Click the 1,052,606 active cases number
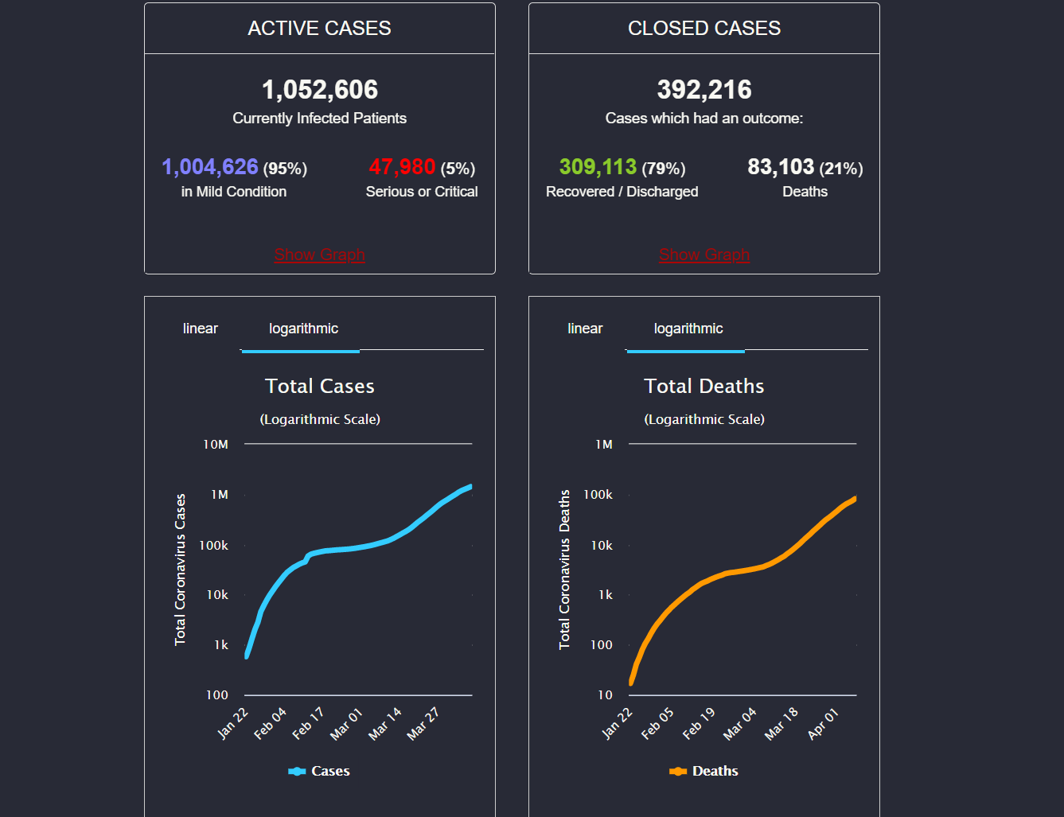pos(320,90)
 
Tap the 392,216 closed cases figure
pos(704,90)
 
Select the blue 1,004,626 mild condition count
pos(210,167)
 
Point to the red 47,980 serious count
pos(402,167)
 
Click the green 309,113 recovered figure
pos(598,167)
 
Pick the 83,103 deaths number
pos(781,167)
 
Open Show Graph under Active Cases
pos(319,255)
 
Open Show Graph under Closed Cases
pos(704,255)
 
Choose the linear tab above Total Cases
pos(201,329)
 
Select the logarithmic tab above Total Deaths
pos(688,329)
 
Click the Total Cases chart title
pos(320,387)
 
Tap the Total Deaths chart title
pos(704,387)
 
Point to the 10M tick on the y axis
pos(216,445)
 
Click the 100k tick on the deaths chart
pos(598,495)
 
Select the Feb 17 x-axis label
pos(308,723)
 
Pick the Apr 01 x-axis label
pos(823,724)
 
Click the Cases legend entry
pos(320,771)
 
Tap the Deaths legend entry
pos(705,771)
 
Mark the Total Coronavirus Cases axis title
pos(181,570)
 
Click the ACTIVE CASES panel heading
pos(320,29)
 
